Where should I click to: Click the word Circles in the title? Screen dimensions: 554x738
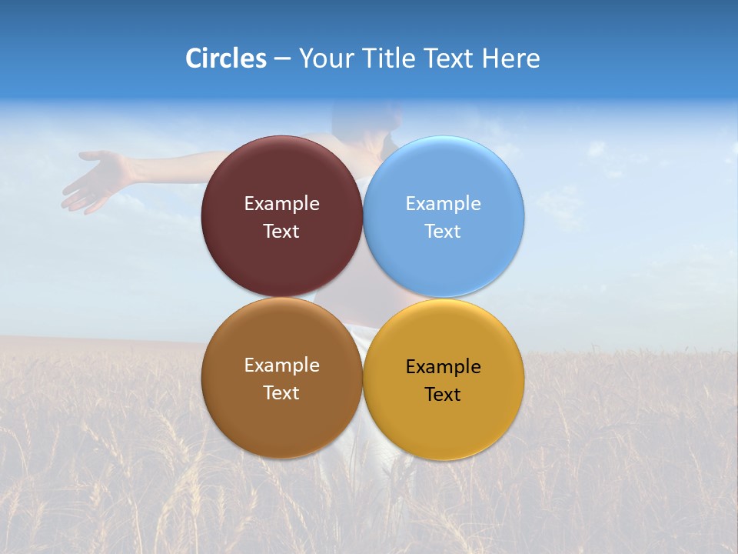coord(226,58)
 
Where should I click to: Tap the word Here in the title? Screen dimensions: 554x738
coord(510,58)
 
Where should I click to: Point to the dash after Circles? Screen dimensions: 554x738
coord(282,59)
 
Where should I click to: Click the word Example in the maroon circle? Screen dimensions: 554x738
coord(281,204)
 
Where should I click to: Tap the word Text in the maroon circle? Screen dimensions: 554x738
coord(281,232)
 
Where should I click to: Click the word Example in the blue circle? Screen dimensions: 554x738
coord(443,204)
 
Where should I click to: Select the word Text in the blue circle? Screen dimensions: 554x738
coord(443,232)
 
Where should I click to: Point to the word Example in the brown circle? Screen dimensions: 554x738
coord(281,365)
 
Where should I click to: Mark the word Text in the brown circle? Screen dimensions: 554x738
coord(281,393)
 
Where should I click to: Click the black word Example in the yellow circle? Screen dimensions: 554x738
coord(443,367)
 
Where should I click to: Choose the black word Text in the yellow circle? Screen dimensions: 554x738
coord(443,395)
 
